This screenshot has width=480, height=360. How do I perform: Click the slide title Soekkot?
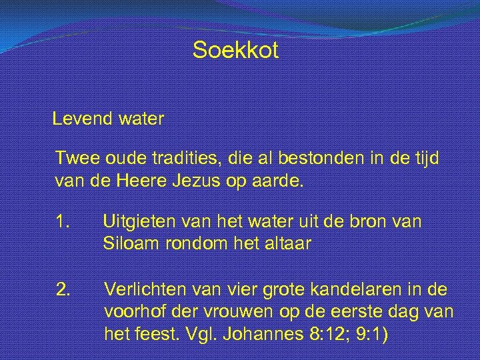(x=235, y=50)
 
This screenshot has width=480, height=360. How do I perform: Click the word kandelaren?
(x=368, y=289)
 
